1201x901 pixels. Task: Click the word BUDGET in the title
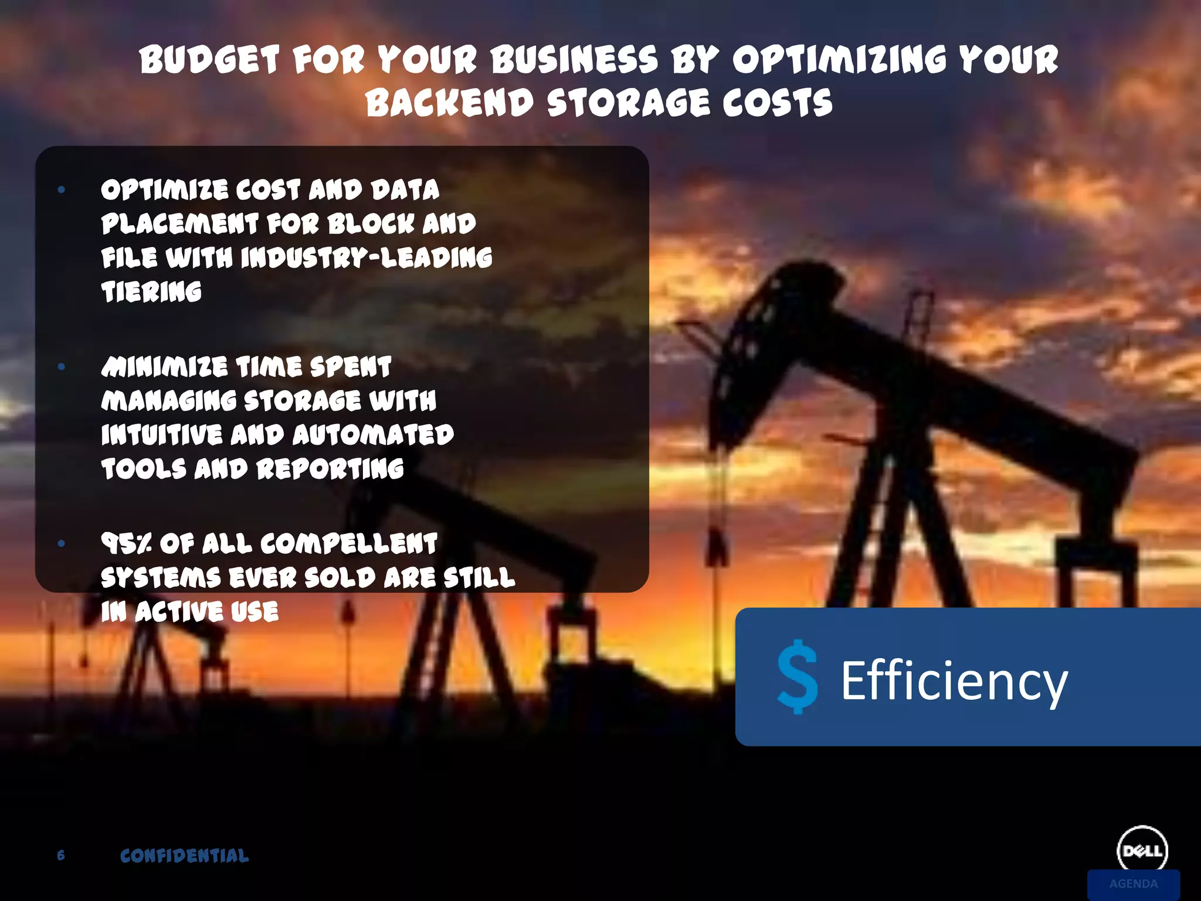(209, 60)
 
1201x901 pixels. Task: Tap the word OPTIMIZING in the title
(839, 60)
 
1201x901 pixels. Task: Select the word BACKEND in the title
(449, 103)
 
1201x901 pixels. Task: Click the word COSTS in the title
(777, 103)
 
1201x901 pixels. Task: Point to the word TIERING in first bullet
(151, 292)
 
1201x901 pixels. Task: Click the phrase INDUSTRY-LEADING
(367, 258)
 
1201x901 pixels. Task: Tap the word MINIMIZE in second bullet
(164, 367)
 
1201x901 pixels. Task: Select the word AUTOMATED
(373, 435)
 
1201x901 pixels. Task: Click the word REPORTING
(330, 469)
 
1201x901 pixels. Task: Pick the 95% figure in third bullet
(125, 544)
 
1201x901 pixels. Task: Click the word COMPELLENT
(348, 544)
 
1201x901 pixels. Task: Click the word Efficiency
(954, 680)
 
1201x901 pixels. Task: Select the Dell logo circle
(1142, 850)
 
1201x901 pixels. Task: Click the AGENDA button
(1133, 884)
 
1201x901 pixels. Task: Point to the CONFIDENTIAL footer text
(184, 856)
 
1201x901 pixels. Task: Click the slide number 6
(61, 855)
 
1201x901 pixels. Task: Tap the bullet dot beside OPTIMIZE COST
(62, 189)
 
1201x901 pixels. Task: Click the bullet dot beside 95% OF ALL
(62, 544)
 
